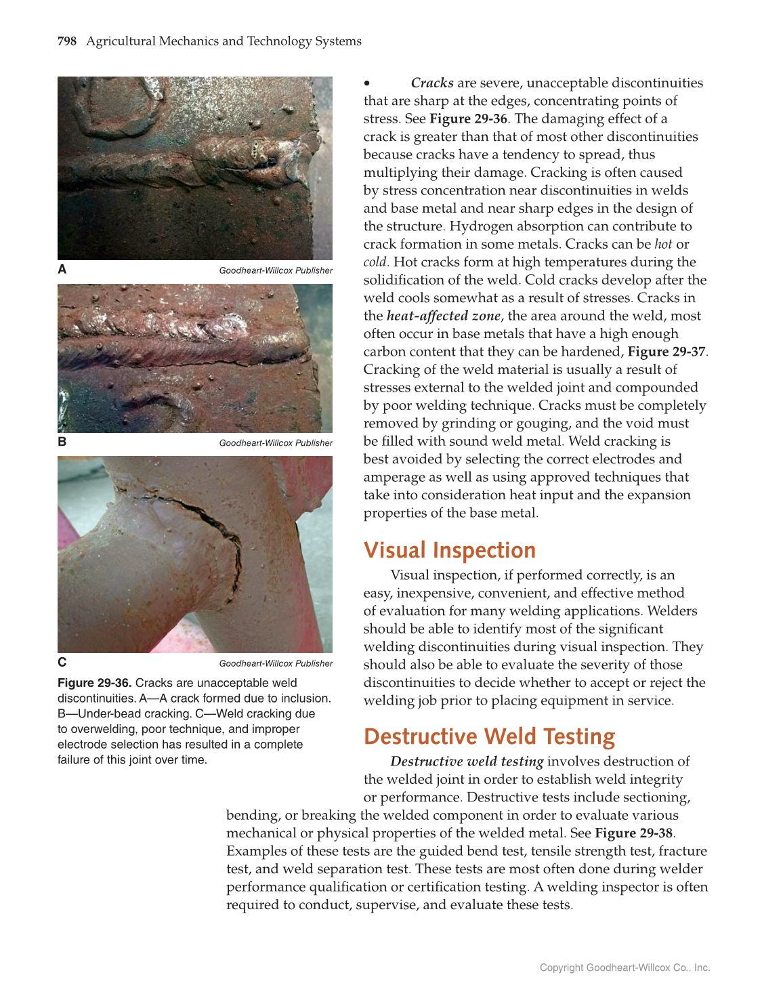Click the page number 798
point(67,41)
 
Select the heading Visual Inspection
point(449,550)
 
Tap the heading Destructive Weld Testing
point(489,736)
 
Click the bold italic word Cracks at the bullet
point(432,83)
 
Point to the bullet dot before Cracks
point(367,83)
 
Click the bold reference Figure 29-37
point(666,352)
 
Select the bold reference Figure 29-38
point(633,833)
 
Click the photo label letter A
point(62,270)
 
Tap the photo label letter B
point(62,442)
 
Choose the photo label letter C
point(62,663)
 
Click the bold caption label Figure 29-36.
point(95,683)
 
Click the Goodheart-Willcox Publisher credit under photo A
point(276,270)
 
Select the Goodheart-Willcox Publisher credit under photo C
point(276,663)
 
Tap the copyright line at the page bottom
point(625,967)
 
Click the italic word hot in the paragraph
point(663,244)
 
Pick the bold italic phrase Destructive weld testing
point(467,761)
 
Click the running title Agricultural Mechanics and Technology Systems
point(224,41)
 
